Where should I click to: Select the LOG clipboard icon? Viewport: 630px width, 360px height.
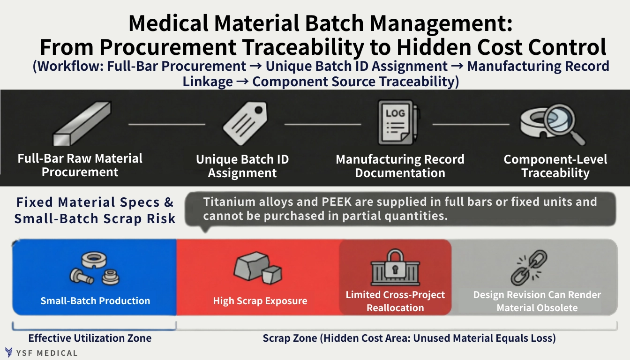[x=398, y=123]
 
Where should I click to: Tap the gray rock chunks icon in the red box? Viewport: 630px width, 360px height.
[x=257, y=269]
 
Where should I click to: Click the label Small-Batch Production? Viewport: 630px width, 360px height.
[x=95, y=301]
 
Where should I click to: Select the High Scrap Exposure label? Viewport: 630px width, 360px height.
[x=260, y=301]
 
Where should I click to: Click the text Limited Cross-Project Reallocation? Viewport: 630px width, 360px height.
[x=395, y=301]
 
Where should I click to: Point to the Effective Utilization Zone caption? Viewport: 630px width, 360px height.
[x=90, y=338]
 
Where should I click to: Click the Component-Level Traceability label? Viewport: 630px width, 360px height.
[x=555, y=166]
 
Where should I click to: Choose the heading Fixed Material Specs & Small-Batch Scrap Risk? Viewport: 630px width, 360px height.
[x=95, y=210]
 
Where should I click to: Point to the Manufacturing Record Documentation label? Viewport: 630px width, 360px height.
[x=400, y=166]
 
